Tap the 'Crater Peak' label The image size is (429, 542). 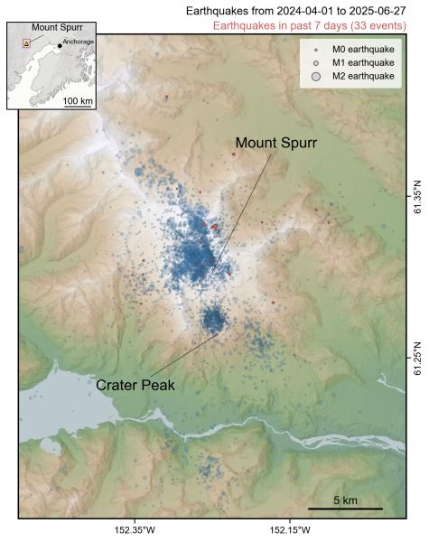point(135,385)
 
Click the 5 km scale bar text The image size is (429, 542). point(346,500)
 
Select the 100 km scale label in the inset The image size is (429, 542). point(79,100)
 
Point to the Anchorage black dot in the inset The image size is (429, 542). point(60,45)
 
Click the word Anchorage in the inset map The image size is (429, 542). point(79,42)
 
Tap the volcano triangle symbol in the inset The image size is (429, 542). point(27,42)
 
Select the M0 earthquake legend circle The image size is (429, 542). point(316,51)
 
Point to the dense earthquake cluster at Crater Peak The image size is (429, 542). point(213,319)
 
